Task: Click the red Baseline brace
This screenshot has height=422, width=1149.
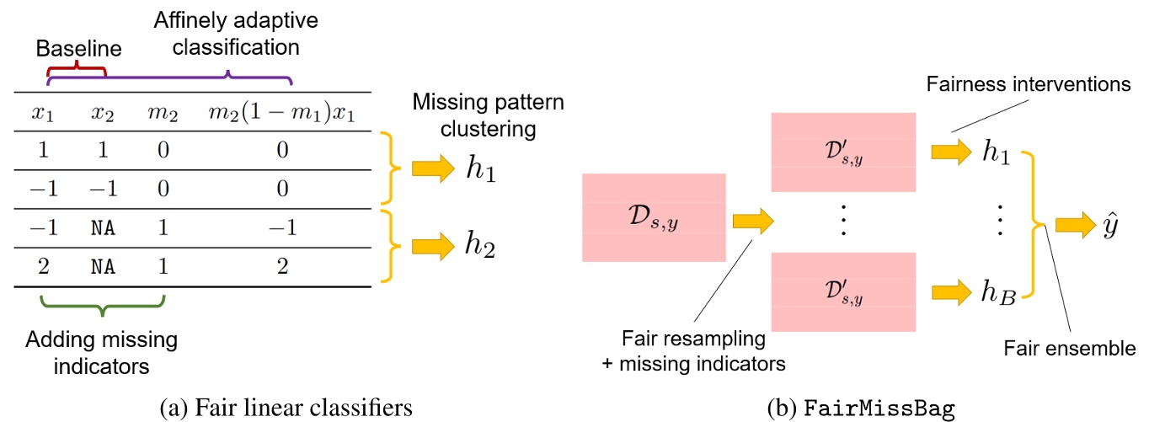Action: click(76, 70)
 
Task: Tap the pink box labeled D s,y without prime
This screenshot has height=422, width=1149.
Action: click(654, 218)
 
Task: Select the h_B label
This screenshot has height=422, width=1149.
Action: click(998, 294)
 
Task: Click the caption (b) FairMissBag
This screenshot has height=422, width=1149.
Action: click(861, 408)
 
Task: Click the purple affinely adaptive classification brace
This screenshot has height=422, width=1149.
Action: click(168, 78)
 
